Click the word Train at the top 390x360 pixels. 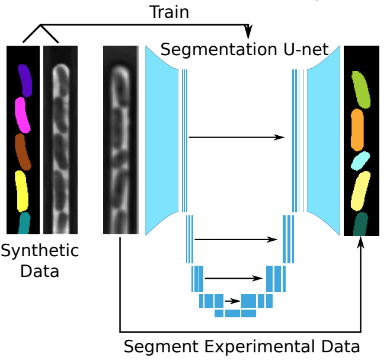170,11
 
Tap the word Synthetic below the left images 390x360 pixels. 40,250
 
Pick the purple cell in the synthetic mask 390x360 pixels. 24,80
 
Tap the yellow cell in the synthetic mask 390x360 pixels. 22,190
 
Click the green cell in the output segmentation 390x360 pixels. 361,90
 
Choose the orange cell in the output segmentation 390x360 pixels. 357,129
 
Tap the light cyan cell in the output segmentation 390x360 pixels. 360,160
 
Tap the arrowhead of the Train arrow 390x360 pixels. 249,30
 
